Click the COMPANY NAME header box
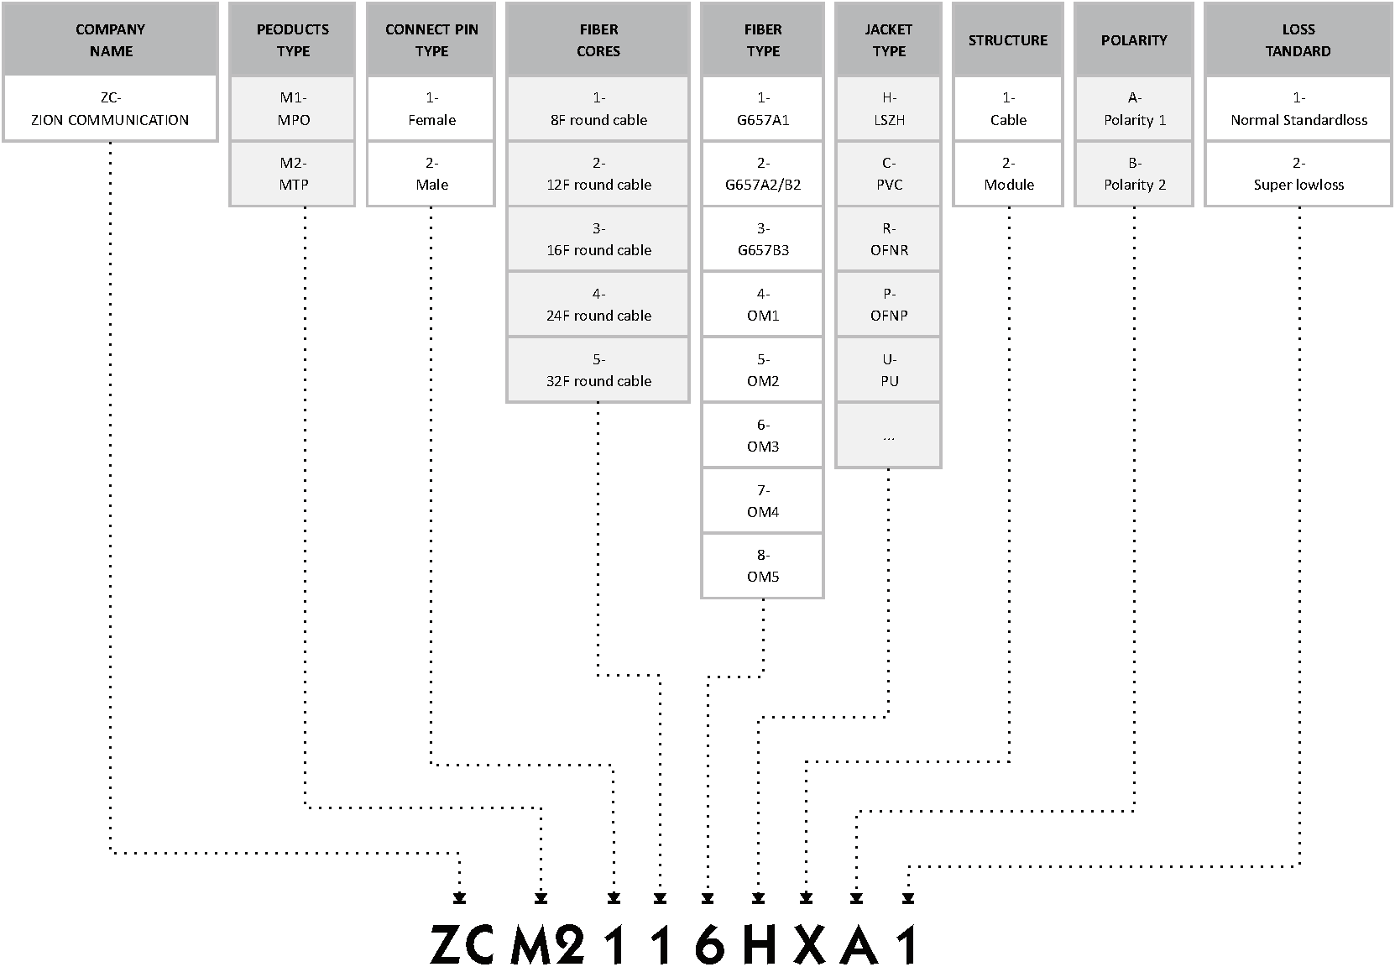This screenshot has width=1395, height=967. click(x=111, y=39)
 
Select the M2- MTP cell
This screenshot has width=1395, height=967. click(x=293, y=174)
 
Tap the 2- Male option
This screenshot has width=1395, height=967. click(x=431, y=174)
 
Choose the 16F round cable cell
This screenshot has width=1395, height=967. click(x=598, y=239)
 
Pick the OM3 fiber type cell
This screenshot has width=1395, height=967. click(x=763, y=436)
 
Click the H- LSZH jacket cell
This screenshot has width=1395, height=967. click(x=889, y=108)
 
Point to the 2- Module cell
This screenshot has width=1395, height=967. click(x=1008, y=174)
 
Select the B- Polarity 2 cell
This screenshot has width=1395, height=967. click(x=1134, y=174)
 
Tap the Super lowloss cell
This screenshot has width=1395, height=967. click(x=1298, y=174)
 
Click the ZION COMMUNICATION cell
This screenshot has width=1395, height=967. click(x=111, y=108)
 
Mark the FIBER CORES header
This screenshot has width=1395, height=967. click(x=598, y=39)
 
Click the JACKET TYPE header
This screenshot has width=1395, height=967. click(x=889, y=39)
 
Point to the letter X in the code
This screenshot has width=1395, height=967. click(x=809, y=945)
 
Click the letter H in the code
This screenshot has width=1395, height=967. click(x=760, y=945)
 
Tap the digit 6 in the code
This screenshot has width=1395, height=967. click(x=709, y=945)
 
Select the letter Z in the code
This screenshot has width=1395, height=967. click(x=445, y=945)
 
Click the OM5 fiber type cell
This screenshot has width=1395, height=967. click(x=763, y=567)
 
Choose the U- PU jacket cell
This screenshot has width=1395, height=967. click(x=889, y=370)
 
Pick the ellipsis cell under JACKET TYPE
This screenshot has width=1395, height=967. click(x=889, y=436)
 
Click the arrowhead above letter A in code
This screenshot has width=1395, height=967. click(x=857, y=899)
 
